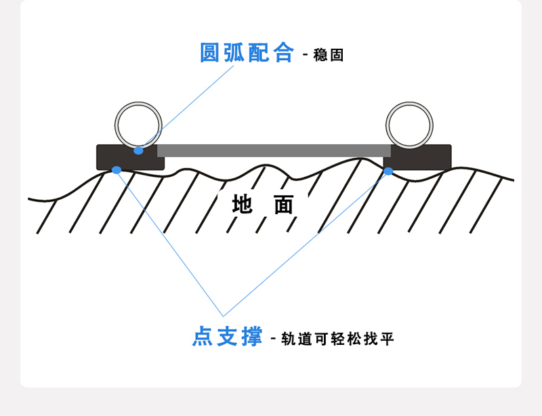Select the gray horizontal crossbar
click(274, 150)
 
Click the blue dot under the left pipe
click(139, 150)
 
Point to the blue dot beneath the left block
click(117, 170)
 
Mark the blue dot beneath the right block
click(388, 171)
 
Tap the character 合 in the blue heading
click(284, 53)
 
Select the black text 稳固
click(329, 55)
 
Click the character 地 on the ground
click(243, 204)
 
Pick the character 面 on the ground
click(285, 204)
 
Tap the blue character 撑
click(251, 336)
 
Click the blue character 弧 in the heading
click(235, 53)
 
